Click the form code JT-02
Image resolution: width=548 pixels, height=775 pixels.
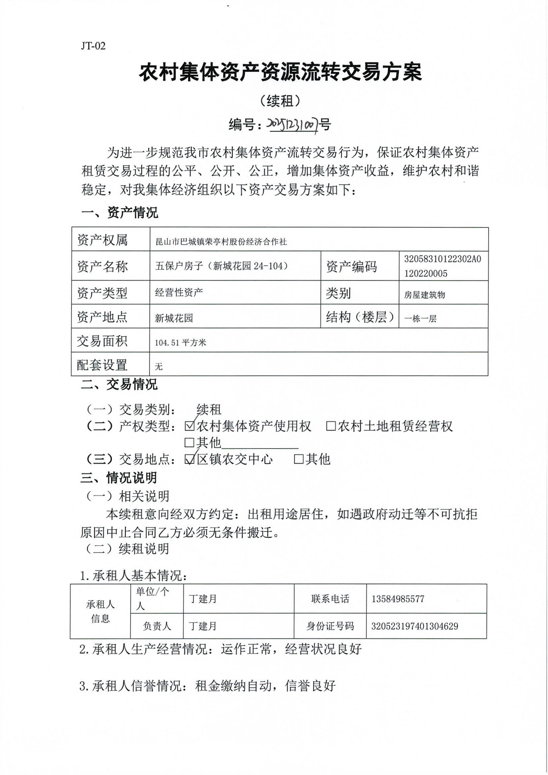[93, 46]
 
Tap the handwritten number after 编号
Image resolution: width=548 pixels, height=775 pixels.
[293, 125]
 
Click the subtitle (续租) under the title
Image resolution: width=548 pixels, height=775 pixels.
[280, 100]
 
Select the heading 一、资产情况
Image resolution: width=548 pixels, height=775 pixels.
[120, 213]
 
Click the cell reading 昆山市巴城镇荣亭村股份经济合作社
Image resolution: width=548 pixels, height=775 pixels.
[221, 242]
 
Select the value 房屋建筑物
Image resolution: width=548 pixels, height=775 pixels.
[424, 295]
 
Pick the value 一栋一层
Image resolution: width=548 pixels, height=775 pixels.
[420, 318]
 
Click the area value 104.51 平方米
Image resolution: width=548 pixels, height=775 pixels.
[180, 343]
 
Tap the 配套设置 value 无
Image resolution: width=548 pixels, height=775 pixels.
[159, 366]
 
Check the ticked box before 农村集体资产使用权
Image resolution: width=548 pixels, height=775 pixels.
[190, 426]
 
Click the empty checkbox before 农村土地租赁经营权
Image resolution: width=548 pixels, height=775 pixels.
[331, 426]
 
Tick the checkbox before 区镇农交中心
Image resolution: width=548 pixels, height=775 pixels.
[190, 459]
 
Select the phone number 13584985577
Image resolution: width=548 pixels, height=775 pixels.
[398, 599]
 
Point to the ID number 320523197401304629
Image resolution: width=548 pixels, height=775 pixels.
[415, 626]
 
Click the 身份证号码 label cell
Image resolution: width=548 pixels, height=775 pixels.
[330, 626]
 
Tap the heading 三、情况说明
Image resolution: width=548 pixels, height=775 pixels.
[119, 478]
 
